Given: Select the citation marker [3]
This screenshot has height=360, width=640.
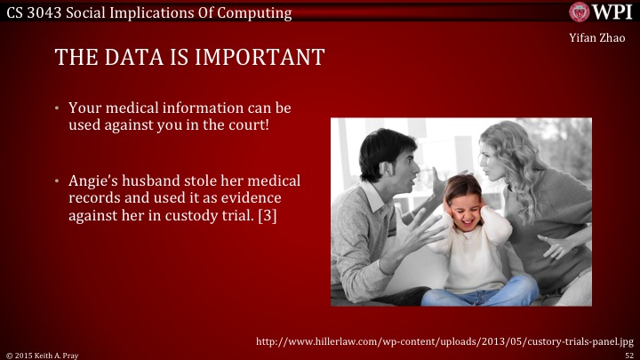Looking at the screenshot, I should [x=267, y=214].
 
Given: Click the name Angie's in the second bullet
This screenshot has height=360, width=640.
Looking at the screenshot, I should [x=93, y=180].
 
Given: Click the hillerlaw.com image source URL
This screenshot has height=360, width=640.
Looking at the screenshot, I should [x=444, y=340].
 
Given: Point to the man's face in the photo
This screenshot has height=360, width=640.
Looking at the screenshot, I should [x=388, y=165].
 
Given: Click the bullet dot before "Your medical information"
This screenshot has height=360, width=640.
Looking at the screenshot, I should [x=55, y=108].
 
